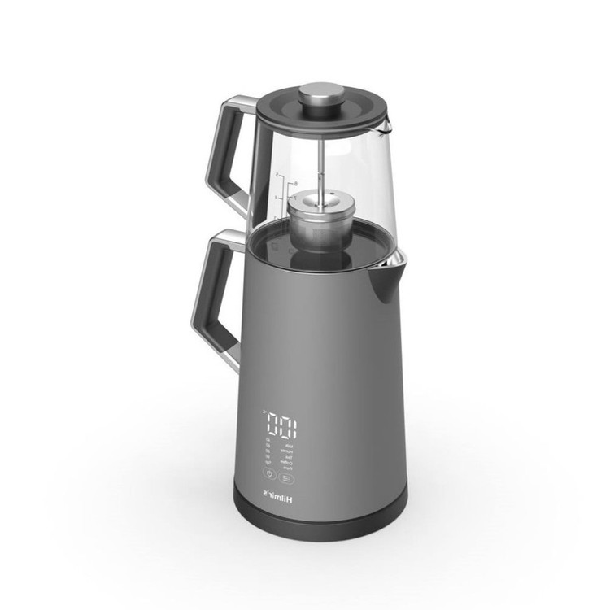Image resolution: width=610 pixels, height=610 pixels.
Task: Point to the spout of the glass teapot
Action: point(384,124)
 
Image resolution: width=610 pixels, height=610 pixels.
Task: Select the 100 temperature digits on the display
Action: point(281,425)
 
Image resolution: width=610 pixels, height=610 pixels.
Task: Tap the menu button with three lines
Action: point(286,479)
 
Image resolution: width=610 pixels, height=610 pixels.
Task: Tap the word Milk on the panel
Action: point(289,446)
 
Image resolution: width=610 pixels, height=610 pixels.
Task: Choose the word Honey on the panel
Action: point(288,451)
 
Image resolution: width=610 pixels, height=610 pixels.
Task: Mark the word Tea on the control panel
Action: point(290,457)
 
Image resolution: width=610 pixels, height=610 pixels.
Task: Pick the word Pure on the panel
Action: point(288,468)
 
